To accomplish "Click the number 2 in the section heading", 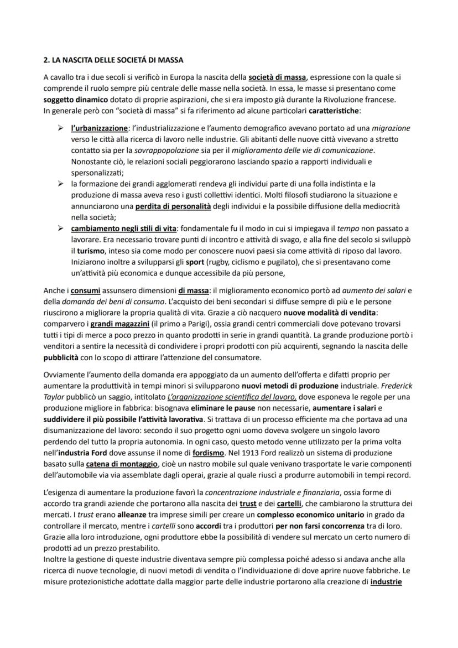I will pyautogui.click(x=45, y=60).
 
